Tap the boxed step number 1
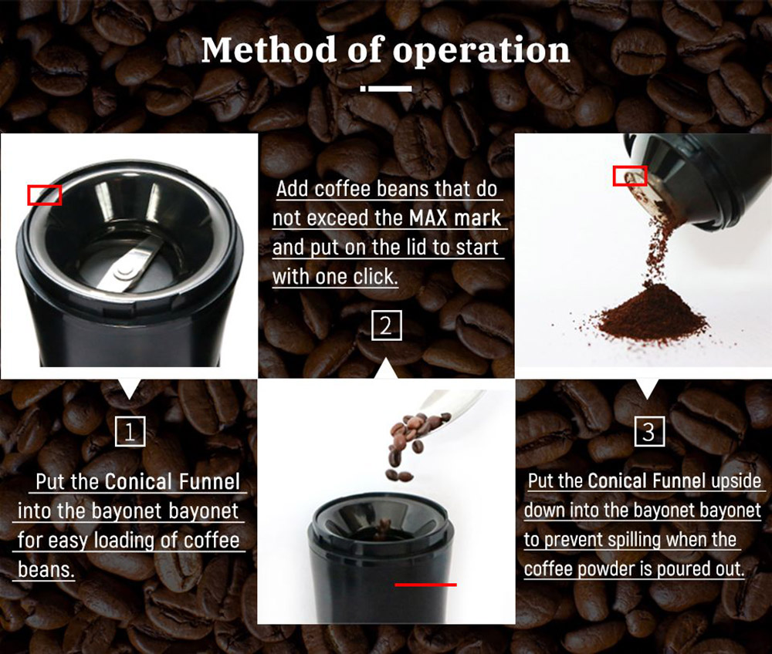[130, 432]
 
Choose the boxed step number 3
[648, 432]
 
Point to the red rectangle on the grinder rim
[44, 195]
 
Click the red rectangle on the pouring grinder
[629, 176]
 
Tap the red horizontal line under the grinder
[425, 585]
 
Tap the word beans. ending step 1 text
[46, 570]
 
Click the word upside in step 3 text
[736, 482]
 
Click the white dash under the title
[386, 88]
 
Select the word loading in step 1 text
[122, 541]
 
